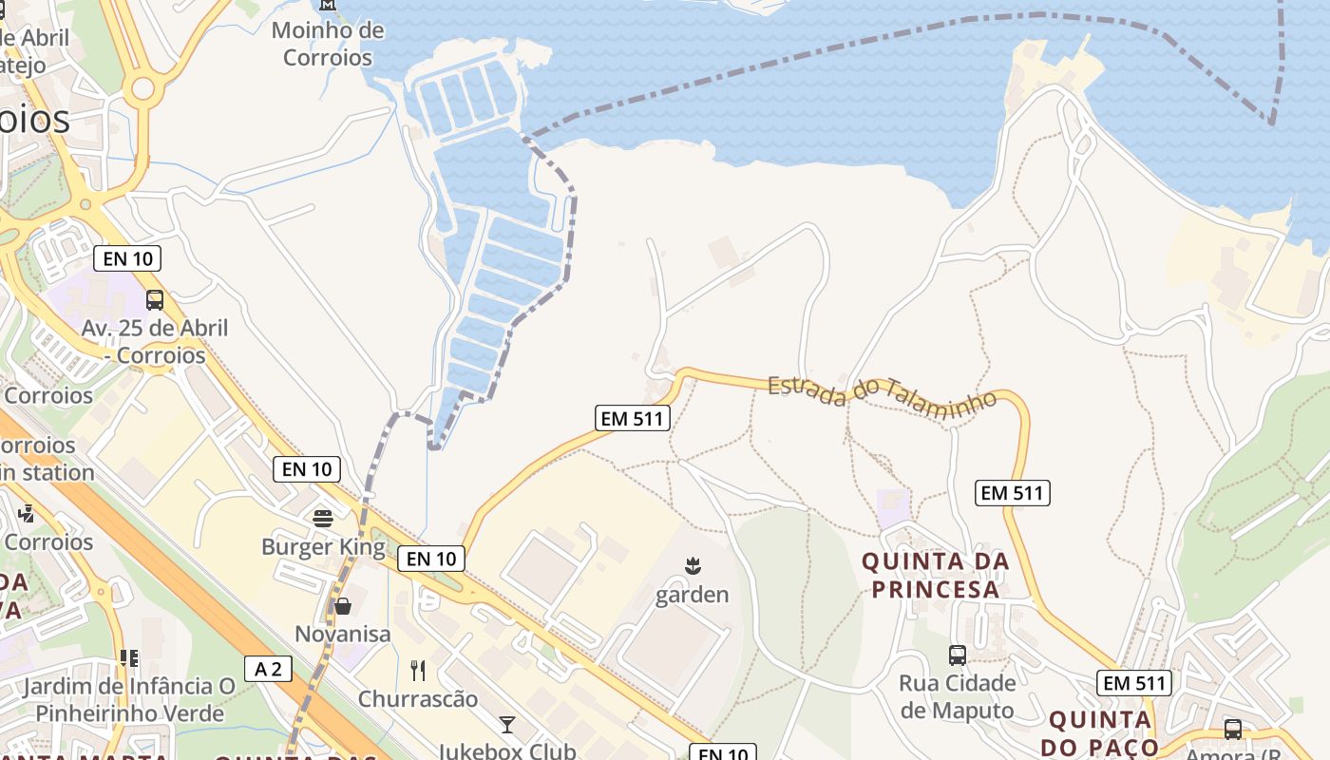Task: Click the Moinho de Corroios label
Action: click(328, 44)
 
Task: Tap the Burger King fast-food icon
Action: click(323, 519)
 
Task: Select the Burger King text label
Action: click(323, 547)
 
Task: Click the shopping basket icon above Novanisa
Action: click(342, 605)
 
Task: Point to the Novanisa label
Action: click(342, 634)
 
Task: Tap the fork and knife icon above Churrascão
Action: click(418, 671)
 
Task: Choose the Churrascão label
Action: click(418, 699)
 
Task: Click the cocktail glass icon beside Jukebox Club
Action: click(507, 725)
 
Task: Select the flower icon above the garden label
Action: click(693, 567)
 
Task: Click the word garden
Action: click(693, 596)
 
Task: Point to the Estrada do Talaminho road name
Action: click(883, 390)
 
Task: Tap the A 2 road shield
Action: click(268, 669)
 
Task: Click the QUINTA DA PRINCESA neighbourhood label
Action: click(936, 575)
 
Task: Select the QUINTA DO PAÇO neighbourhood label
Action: click(1102, 732)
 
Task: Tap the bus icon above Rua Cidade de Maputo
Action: click(958, 655)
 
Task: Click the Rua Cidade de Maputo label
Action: click(958, 696)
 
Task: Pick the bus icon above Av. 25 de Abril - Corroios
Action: click(155, 300)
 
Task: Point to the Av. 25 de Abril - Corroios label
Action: click(155, 342)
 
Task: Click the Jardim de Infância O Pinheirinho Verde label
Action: click(129, 699)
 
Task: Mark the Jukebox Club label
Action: click(506, 750)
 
